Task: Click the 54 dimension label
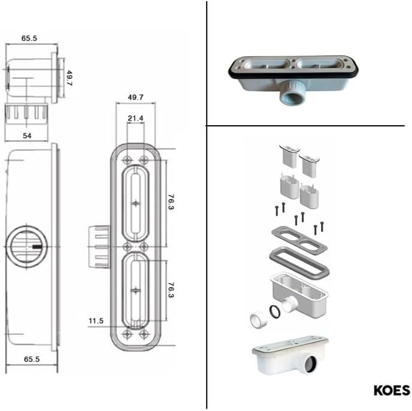click(x=27, y=135)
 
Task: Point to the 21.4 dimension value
click(x=135, y=119)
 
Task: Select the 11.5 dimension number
click(x=96, y=321)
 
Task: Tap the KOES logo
click(x=392, y=390)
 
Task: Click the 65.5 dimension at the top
click(x=29, y=38)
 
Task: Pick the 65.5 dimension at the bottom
click(x=32, y=359)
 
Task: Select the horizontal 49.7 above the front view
click(x=135, y=97)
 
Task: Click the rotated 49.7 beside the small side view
click(x=69, y=78)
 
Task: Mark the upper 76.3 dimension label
click(x=171, y=202)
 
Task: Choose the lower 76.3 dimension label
click(x=171, y=290)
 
